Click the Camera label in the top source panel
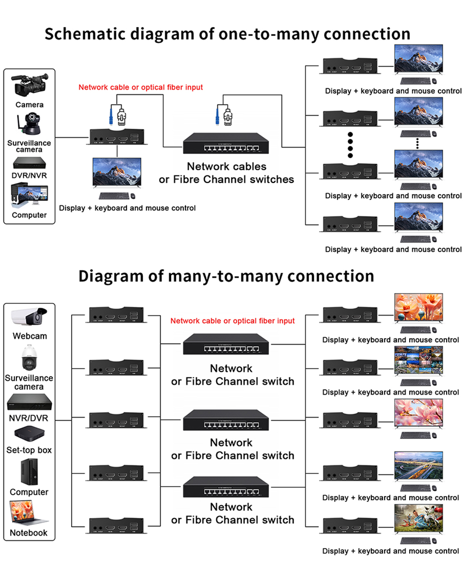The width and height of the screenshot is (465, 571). [29, 105]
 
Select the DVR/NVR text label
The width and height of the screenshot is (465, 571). [29, 175]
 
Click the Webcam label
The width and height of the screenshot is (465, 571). [30, 336]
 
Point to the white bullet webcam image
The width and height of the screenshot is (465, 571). [29, 317]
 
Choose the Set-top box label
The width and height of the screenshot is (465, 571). [29, 450]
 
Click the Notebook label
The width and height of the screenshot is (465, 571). [29, 533]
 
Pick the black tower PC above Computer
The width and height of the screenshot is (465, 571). [29, 471]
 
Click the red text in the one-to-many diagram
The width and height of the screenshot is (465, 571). [140, 88]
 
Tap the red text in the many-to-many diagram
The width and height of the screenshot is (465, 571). [232, 321]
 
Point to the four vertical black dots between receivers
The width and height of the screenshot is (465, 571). [351, 145]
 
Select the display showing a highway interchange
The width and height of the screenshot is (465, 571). [418, 466]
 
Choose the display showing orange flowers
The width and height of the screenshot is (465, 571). [418, 307]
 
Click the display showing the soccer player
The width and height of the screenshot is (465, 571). [418, 519]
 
